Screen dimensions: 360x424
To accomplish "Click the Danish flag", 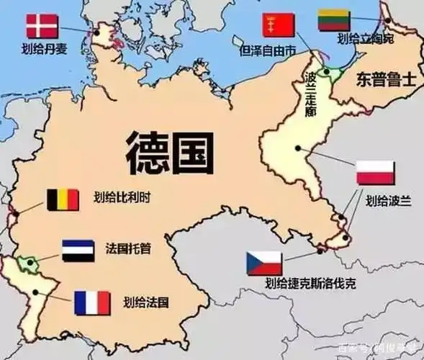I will [42, 26].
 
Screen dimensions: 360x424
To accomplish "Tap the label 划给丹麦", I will [42, 50].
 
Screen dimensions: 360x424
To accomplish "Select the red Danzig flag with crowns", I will [278, 25].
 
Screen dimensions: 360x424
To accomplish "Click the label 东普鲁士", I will [384, 79].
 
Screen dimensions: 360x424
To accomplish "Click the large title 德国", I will [170, 151].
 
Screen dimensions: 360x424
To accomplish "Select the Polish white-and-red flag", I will [375, 173].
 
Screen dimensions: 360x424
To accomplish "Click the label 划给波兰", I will [388, 201].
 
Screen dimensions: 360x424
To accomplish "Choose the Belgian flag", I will [63, 199].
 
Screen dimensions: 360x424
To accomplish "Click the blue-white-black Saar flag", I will [79, 251].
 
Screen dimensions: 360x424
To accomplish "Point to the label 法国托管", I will [132, 251].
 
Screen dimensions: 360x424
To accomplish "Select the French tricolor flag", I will [92, 302].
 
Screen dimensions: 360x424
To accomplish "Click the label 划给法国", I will [146, 301].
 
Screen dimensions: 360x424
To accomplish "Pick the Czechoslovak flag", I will [264, 264].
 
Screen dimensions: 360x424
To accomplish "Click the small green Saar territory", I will [29, 264].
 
